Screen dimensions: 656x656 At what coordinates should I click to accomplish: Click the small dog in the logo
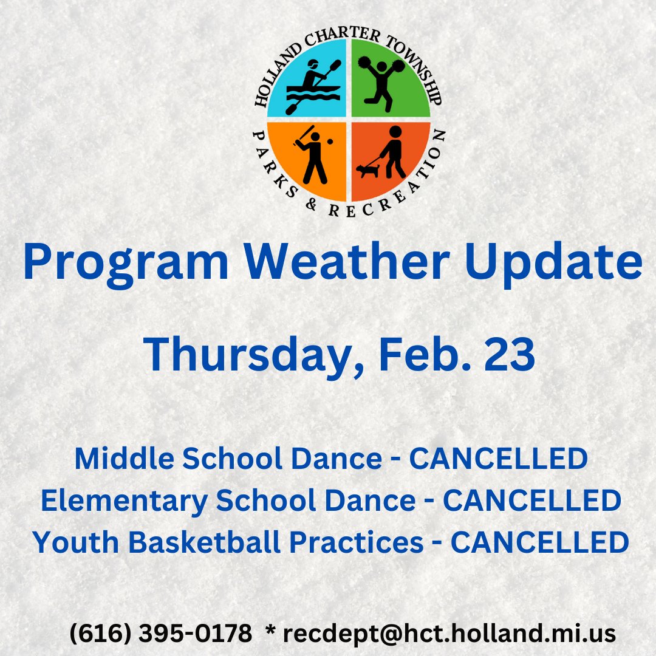[367, 169]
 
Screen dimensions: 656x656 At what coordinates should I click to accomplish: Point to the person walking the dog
[394, 152]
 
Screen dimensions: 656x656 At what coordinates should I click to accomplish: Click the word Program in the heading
[126, 262]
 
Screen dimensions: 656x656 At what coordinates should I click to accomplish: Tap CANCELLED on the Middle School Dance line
[498, 460]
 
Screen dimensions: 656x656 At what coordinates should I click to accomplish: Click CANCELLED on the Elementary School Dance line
[531, 501]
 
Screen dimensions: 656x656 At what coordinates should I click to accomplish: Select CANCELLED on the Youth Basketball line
[539, 542]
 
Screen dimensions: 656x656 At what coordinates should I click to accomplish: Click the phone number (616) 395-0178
[160, 634]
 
